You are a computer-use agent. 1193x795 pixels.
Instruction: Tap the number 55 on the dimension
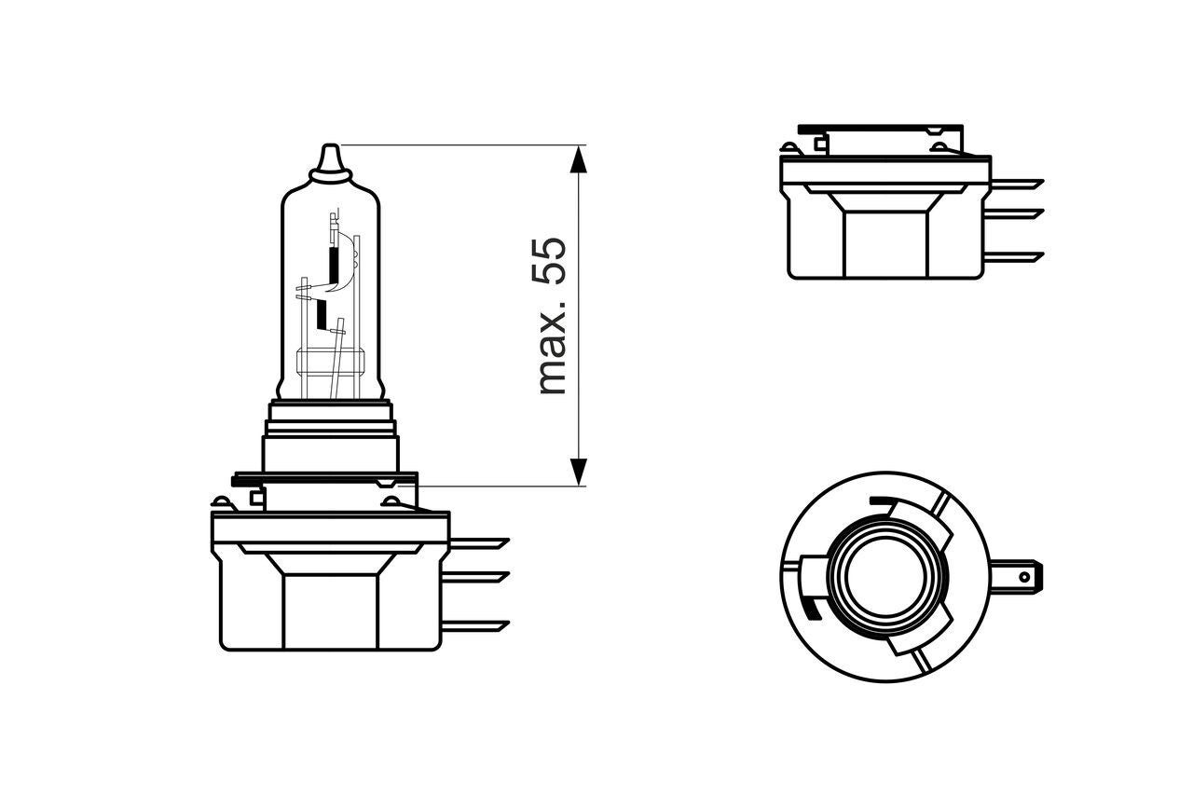point(552,262)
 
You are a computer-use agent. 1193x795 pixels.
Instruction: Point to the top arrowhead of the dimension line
point(579,158)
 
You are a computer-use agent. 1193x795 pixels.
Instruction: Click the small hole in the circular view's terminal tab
point(1024,577)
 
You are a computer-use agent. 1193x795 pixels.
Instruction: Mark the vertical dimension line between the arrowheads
point(579,317)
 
